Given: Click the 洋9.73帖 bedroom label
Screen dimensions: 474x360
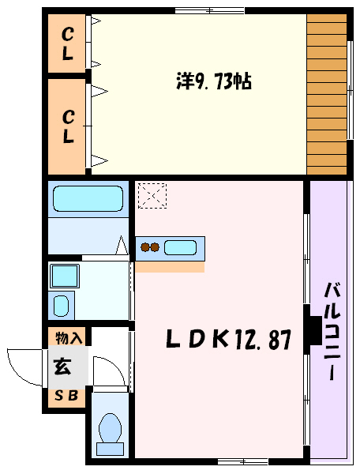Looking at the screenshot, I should (212, 81).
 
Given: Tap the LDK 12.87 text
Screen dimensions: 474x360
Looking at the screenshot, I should (228, 340).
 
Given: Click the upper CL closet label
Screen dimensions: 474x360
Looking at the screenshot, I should (69, 45).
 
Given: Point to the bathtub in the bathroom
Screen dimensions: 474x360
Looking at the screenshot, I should (88, 199).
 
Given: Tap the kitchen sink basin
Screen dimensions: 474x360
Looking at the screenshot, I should (181, 247).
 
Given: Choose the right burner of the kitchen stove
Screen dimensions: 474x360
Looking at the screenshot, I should (156, 248).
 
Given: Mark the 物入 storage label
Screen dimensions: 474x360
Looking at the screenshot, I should (69, 338).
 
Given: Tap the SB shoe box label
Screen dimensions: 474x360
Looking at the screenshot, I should (66, 397).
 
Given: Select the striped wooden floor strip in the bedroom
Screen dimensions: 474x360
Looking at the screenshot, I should (326, 94).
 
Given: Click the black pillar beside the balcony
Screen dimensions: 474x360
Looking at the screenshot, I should (313, 329).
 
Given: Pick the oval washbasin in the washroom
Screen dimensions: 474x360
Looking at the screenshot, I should (62, 305).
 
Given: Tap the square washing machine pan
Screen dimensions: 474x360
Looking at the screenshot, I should (64, 276).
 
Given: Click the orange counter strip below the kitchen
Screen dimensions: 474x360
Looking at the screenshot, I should (170, 267).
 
